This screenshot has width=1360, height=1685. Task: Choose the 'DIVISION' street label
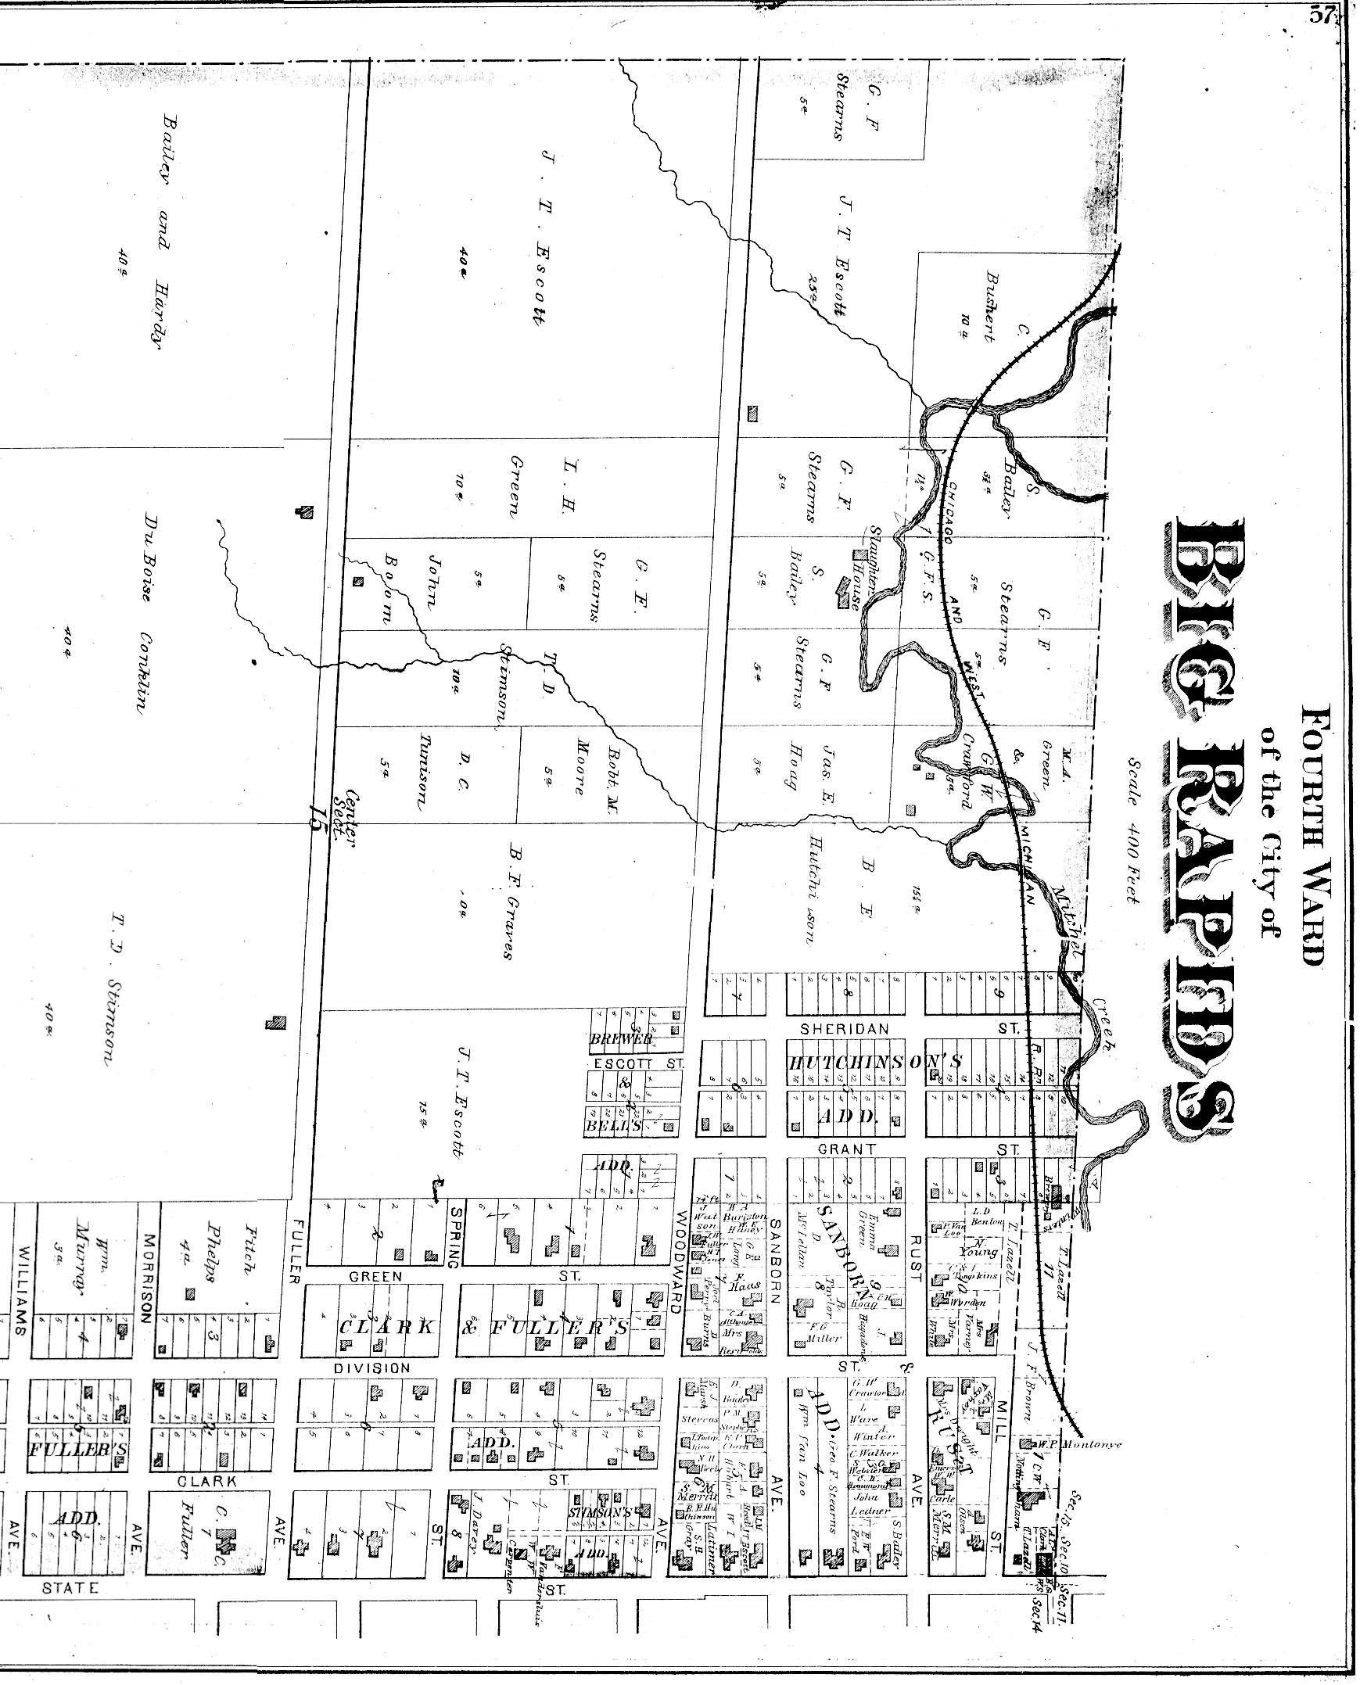point(371,1368)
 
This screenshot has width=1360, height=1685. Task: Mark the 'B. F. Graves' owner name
point(513,901)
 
